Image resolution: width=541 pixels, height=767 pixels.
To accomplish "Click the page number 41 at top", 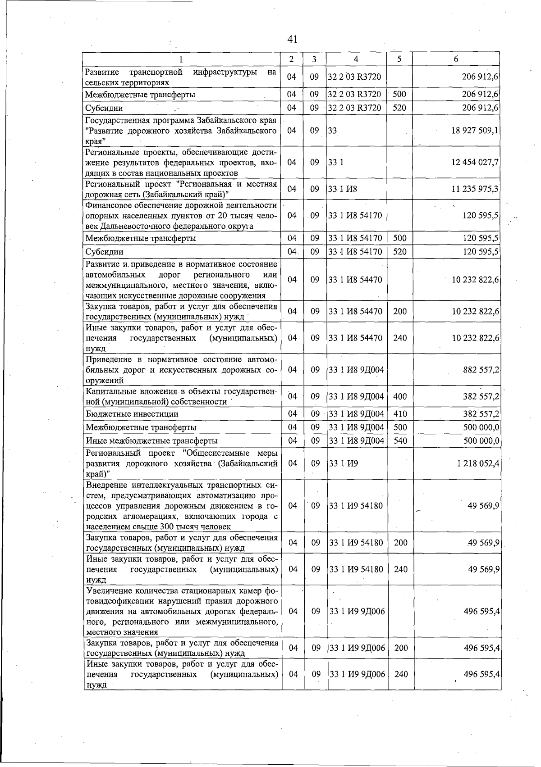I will tap(292, 39).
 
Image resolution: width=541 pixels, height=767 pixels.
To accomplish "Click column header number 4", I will tap(356, 59).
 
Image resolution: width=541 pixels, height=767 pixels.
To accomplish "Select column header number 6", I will tap(456, 59).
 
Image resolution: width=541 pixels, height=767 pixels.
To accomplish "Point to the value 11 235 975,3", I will tap(475, 189).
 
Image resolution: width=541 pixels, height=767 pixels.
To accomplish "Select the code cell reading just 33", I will tap(333, 131).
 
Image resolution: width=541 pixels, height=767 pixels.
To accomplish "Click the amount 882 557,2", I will tap(481, 370).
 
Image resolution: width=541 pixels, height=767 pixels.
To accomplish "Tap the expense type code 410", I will tap(400, 414).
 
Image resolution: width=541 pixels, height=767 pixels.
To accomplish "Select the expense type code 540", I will tap(400, 440).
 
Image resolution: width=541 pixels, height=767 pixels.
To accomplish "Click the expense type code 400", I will tap(400, 396).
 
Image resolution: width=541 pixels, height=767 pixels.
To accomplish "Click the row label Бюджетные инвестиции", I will tap(132, 414).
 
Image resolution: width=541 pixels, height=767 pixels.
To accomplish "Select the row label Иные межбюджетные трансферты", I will tap(151, 440).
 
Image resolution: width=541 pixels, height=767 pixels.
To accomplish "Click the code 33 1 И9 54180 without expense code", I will tap(356, 506).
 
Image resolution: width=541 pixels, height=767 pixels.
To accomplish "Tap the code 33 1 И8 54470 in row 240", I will tap(355, 338).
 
